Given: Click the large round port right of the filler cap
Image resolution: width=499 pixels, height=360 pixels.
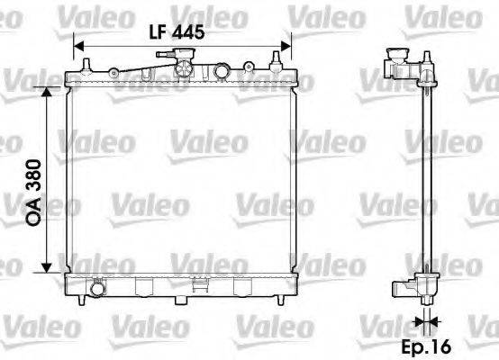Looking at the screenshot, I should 222,71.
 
